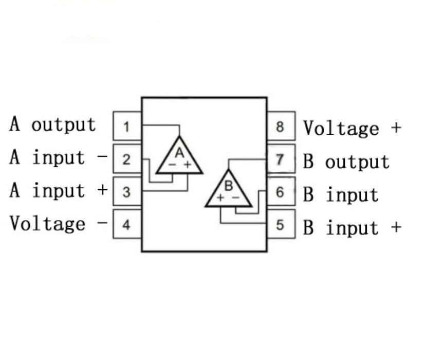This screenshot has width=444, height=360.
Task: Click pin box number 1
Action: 126,127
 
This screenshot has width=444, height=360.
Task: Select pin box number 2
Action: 126,159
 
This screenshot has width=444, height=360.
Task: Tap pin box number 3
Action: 126,192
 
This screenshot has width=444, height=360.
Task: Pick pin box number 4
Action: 126,225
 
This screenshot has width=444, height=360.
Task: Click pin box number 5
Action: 280,225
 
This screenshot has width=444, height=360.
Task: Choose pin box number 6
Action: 280,192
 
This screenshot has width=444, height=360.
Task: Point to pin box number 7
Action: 280,159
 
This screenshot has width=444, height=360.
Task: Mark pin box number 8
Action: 280,127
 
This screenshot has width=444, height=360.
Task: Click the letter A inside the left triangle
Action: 179,152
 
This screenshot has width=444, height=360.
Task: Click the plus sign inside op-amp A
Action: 187,165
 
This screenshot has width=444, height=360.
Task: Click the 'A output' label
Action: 52,124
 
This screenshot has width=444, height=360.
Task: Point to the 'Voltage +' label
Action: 351,128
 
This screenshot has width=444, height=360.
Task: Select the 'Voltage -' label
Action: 58,224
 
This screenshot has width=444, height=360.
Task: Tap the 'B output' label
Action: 346,161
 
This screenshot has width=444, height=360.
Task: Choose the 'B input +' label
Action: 351,227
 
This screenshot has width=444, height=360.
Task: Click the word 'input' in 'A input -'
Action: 58,157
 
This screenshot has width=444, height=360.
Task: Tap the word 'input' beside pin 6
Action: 352,195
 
